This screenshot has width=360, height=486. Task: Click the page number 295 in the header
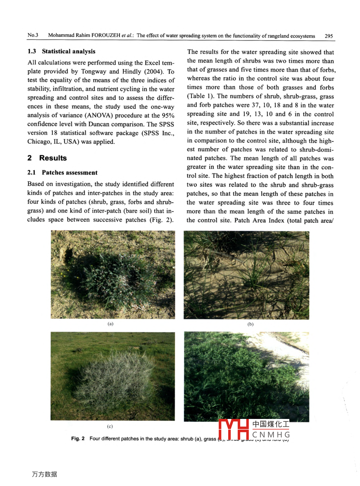pos(329,36)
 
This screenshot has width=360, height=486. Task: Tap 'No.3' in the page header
pos(33,35)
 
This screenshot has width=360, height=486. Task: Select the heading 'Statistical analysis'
pos(69,51)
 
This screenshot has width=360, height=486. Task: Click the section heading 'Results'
pos(53,158)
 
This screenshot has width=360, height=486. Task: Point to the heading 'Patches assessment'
pos(70,173)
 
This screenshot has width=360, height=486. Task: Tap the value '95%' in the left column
pos(168,115)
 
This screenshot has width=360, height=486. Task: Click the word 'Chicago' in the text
pos(39,142)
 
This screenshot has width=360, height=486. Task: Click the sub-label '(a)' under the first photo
pos(111,324)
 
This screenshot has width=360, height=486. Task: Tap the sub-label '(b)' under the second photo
pos(250,324)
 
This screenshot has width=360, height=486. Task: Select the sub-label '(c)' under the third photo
pos(110,426)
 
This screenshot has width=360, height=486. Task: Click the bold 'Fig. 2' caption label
pos(78,438)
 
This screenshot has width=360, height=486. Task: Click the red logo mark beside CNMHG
pos(234,429)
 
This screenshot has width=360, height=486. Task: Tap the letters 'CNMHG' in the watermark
pos(271,435)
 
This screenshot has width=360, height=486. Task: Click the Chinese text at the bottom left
pos(45,474)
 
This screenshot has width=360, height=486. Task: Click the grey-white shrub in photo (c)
pos(113,378)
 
